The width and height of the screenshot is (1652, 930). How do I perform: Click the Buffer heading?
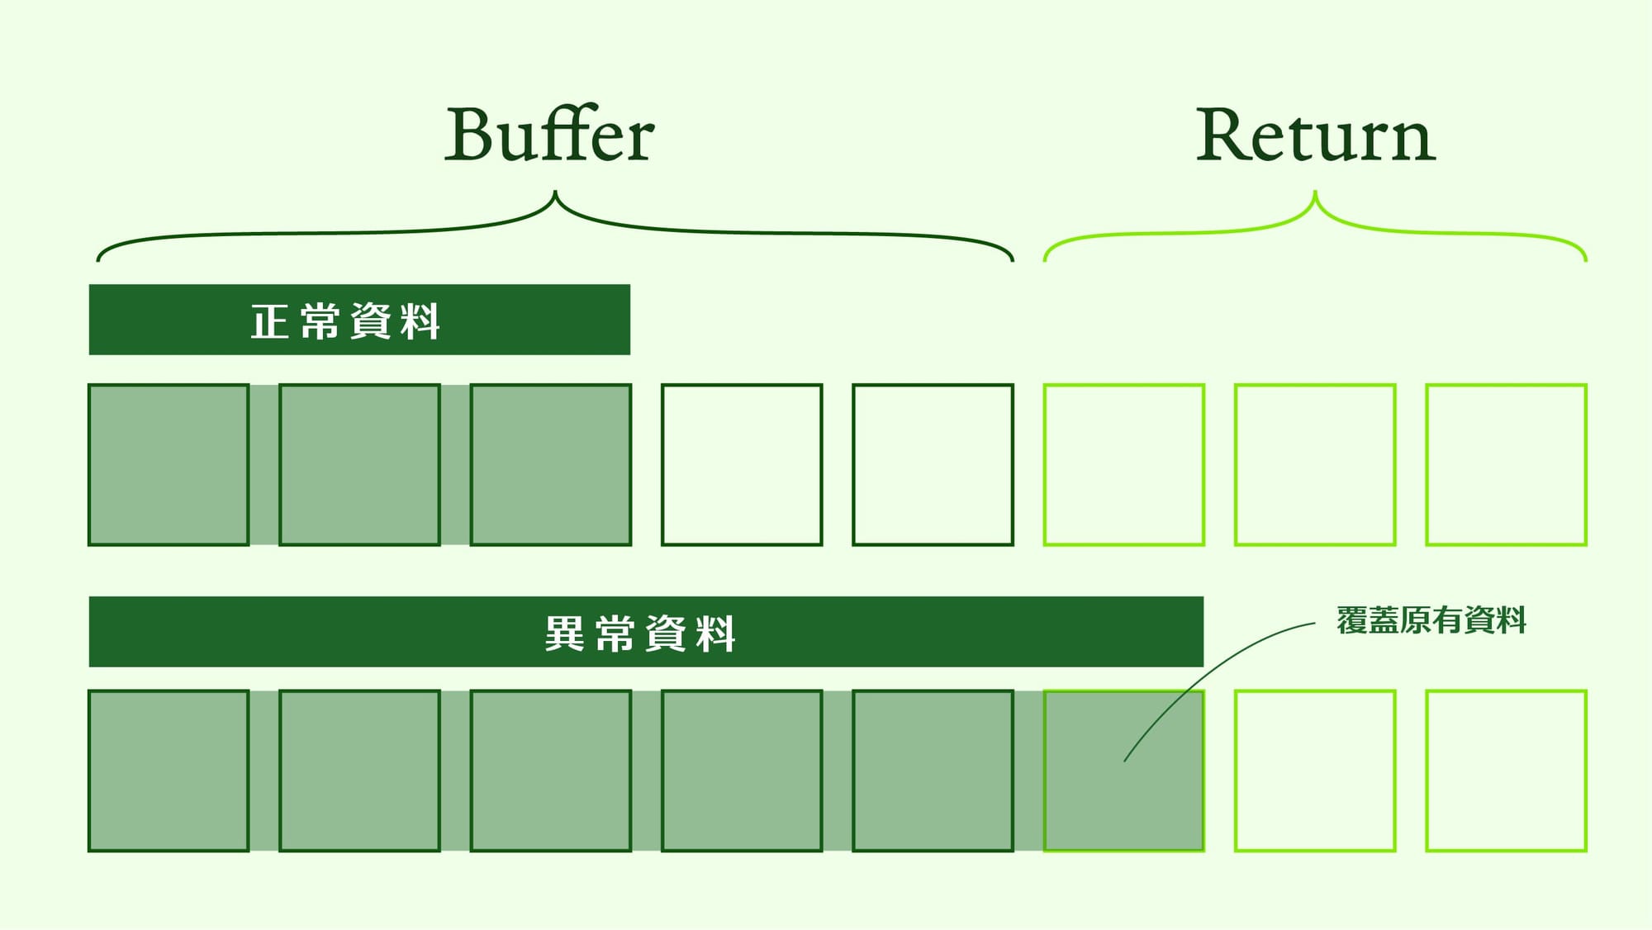[x=549, y=135]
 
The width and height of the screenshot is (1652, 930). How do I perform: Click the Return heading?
[x=1316, y=135]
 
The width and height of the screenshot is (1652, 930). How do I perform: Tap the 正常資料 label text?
[x=345, y=320]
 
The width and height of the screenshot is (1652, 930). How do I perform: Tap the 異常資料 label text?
[x=640, y=633]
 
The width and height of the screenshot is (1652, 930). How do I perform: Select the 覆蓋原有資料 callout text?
[x=1431, y=620]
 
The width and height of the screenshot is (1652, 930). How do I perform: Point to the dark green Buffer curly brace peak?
[x=555, y=196]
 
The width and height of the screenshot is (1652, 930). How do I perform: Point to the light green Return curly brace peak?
[x=1315, y=196]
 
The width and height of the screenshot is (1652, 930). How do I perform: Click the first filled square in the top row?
[x=169, y=464]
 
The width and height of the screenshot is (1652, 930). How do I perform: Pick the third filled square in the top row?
[x=551, y=464]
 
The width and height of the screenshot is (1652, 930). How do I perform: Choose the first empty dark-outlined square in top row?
[x=742, y=464]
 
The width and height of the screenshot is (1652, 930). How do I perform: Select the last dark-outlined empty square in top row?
[x=933, y=464]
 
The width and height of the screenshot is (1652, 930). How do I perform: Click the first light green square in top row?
[x=1124, y=464]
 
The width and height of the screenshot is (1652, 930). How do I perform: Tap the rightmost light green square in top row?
[x=1506, y=464]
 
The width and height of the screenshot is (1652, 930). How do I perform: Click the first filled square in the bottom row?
[x=169, y=771]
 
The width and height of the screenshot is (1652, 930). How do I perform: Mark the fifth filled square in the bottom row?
[x=933, y=771]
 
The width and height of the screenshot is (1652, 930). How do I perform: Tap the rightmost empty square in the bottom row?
[x=1506, y=771]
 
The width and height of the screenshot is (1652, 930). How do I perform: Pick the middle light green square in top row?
[x=1315, y=464]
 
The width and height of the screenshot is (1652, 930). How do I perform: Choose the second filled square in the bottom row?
[x=359, y=771]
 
